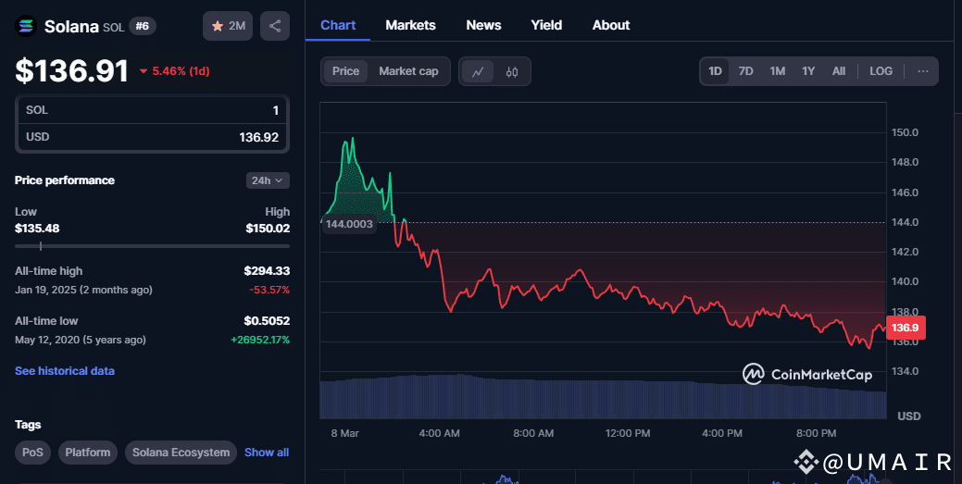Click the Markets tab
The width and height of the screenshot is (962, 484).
click(x=410, y=25)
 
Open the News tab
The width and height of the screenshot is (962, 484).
click(x=483, y=25)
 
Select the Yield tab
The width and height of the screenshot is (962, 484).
click(x=546, y=25)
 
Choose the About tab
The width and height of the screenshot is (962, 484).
click(x=611, y=25)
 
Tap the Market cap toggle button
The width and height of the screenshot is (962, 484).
click(x=408, y=71)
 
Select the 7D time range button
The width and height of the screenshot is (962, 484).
click(x=745, y=71)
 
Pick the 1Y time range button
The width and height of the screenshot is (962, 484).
click(x=808, y=71)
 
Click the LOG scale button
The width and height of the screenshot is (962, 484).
click(x=881, y=71)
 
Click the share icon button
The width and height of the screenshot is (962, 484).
click(x=275, y=26)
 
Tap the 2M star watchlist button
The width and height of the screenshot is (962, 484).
click(x=228, y=26)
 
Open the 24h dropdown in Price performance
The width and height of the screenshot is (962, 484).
click(x=268, y=180)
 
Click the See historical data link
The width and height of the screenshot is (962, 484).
click(x=65, y=371)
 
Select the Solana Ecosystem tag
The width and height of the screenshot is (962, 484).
click(x=181, y=453)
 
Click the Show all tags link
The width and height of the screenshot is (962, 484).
click(x=267, y=453)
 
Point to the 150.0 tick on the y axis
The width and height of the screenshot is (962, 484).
click(x=904, y=132)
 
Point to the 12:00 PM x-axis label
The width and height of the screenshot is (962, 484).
click(x=627, y=433)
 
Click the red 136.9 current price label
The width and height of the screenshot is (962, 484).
click(x=904, y=328)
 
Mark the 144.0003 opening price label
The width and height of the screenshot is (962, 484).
click(x=349, y=224)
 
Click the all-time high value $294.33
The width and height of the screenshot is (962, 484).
click(x=267, y=271)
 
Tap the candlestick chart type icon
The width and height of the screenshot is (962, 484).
click(x=512, y=71)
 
